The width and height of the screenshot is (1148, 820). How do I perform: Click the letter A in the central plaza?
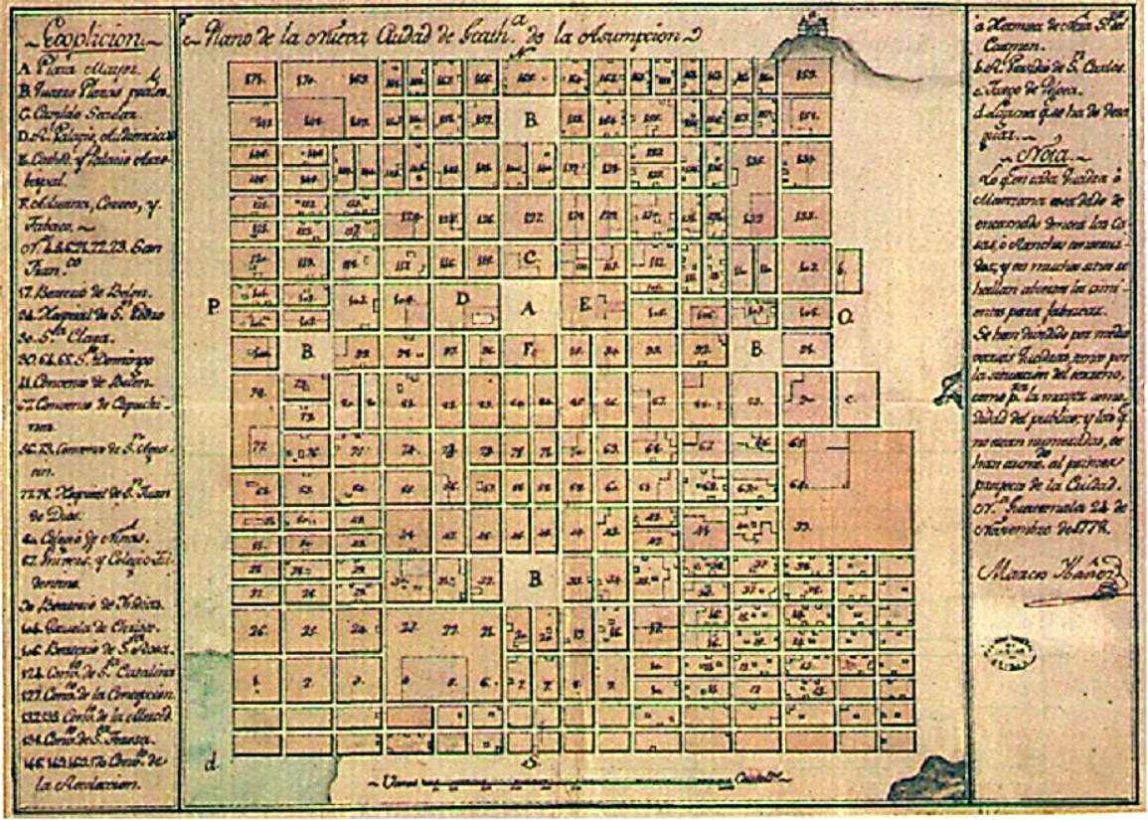click(x=530, y=309)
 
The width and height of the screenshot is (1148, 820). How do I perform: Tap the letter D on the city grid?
click(x=461, y=298)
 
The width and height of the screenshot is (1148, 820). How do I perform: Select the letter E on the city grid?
click(x=585, y=304)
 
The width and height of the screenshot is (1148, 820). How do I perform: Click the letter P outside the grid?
click(x=213, y=307)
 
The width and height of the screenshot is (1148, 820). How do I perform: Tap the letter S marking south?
click(x=531, y=761)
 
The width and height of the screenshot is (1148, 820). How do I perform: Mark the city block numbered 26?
click(x=260, y=630)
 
